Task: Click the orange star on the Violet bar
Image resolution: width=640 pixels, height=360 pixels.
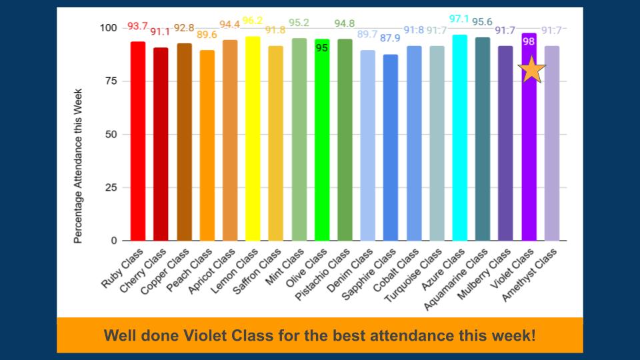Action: [x=531, y=69]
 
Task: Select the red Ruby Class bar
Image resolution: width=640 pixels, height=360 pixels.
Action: [x=138, y=140]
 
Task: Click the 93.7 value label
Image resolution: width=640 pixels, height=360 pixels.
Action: [x=137, y=26]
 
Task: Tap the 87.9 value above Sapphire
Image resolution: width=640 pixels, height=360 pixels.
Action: [x=391, y=38]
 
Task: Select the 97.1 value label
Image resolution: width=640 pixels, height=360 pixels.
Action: [x=460, y=19]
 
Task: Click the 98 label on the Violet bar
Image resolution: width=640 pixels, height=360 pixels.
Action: [x=529, y=41]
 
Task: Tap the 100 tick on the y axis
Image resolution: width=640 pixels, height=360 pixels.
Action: [x=108, y=28]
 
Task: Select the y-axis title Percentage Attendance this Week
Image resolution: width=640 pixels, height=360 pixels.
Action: [x=78, y=165]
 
